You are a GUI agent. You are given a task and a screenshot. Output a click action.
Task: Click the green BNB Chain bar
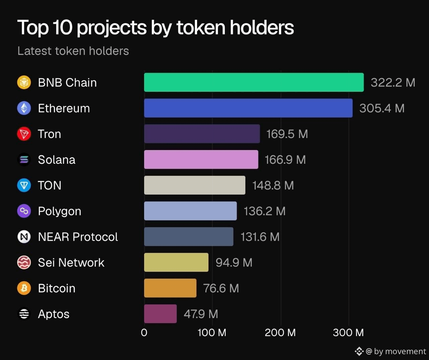pos(254,82)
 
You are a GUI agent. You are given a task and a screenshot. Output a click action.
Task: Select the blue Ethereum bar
pos(248,108)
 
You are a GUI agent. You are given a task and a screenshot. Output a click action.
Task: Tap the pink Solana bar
pos(201,159)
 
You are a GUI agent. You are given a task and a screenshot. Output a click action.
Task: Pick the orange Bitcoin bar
pos(170,288)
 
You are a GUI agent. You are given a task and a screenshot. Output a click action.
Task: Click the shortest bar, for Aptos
pos(160,313)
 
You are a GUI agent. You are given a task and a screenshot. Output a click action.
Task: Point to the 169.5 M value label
pos(287,134)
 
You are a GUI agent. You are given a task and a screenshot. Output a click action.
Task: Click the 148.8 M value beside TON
pos(273,185)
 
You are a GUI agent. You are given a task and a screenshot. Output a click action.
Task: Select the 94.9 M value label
pos(234,263)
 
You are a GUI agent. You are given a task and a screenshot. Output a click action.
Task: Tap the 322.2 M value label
pos(393,82)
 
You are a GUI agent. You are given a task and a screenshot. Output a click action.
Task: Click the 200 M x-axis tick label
pos(280,333)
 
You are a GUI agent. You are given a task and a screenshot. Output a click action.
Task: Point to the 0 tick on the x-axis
pos(144,333)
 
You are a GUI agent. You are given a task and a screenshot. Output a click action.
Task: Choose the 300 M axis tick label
pos(349,333)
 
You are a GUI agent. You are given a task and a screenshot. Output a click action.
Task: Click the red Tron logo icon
pos(24,134)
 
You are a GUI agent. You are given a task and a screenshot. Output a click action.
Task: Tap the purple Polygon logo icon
pos(24,211)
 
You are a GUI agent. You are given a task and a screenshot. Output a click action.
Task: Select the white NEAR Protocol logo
pos(24,236)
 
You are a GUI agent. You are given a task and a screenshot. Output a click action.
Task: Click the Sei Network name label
pos(71,263)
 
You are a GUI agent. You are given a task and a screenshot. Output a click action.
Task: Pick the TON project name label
pos(50,185)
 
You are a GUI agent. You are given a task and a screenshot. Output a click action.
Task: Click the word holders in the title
pos(262,27)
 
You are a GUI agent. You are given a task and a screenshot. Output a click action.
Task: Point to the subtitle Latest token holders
pos(73,51)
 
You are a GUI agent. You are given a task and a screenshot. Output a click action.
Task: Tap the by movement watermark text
pos(400,351)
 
